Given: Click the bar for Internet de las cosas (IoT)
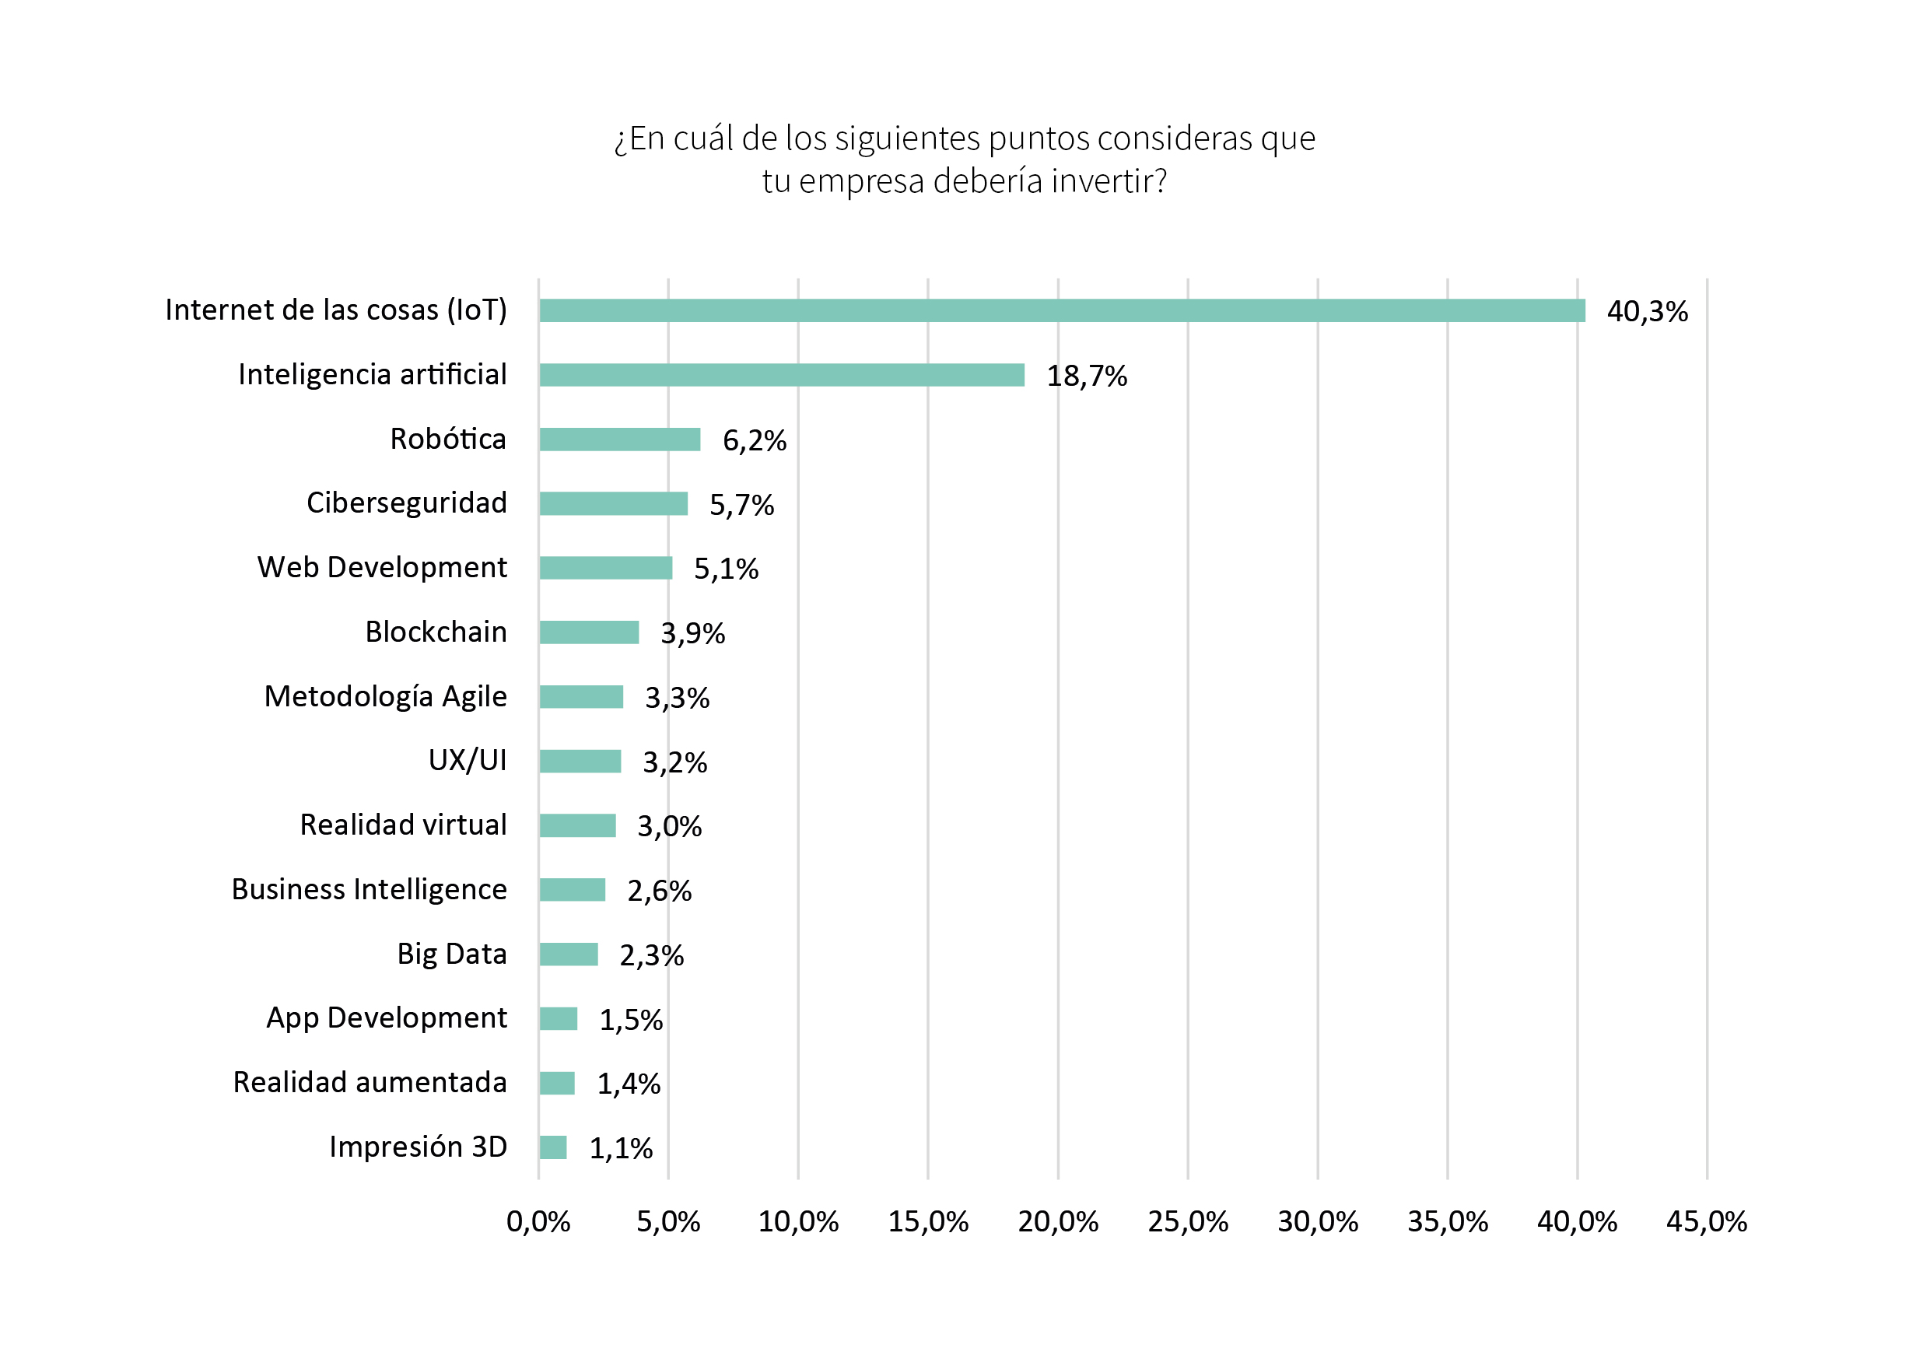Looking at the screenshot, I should click(1062, 310).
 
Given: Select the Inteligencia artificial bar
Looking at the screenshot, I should click(782, 375).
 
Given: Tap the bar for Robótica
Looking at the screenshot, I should click(619, 440).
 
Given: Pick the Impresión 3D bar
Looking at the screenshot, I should click(553, 1147).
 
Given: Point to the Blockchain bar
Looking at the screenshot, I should click(589, 632).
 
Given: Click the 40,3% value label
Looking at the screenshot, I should click(1647, 312).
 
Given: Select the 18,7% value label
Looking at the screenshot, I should click(1086, 376).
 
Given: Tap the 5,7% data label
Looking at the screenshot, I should click(741, 505).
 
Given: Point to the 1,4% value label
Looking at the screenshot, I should click(629, 1084).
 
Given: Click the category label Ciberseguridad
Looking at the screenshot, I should click(407, 503).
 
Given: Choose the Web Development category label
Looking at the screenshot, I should click(383, 567).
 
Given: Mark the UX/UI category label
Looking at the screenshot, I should click(468, 760).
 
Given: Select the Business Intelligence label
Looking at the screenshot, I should click(369, 889).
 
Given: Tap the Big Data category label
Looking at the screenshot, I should click(452, 954).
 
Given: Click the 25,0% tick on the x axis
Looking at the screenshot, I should click(1188, 1221).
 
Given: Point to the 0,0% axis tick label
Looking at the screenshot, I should click(538, 1221).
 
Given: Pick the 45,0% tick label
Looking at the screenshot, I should click(1707, 1221).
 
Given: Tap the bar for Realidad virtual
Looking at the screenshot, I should click(577, 825).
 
